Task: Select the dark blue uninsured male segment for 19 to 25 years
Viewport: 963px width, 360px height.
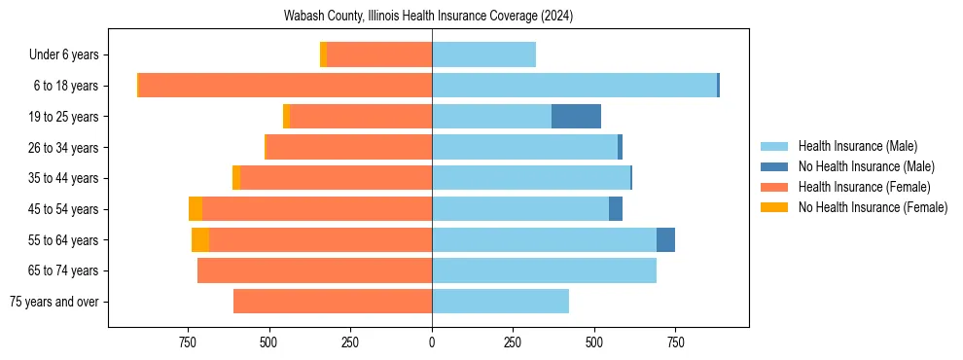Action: tap(576, 117)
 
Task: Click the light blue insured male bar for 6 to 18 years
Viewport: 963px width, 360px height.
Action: tap(574, 86)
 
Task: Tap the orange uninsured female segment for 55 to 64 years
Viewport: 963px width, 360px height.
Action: tap(200, 240)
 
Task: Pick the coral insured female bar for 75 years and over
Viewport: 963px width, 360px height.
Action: tap(333, 302)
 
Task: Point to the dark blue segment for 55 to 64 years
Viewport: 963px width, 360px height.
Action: tap(665, 240)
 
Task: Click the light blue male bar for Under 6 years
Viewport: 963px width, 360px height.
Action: tap(483, 54)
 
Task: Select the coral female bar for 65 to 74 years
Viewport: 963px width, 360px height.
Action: tap(314, 270)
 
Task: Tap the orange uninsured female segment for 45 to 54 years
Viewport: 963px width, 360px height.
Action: tap(196, 209)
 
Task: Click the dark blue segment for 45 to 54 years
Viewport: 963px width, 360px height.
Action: tap(616, 209)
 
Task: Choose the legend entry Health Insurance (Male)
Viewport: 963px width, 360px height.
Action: tap(857, 146)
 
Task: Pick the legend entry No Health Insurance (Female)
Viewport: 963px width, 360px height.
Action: tap(873, 207)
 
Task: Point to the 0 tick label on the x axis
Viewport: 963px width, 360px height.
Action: tap(432, 342)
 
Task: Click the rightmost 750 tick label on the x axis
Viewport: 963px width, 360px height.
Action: tap(676, 342)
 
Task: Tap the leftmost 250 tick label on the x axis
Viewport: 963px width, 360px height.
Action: tap(350, 342)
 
